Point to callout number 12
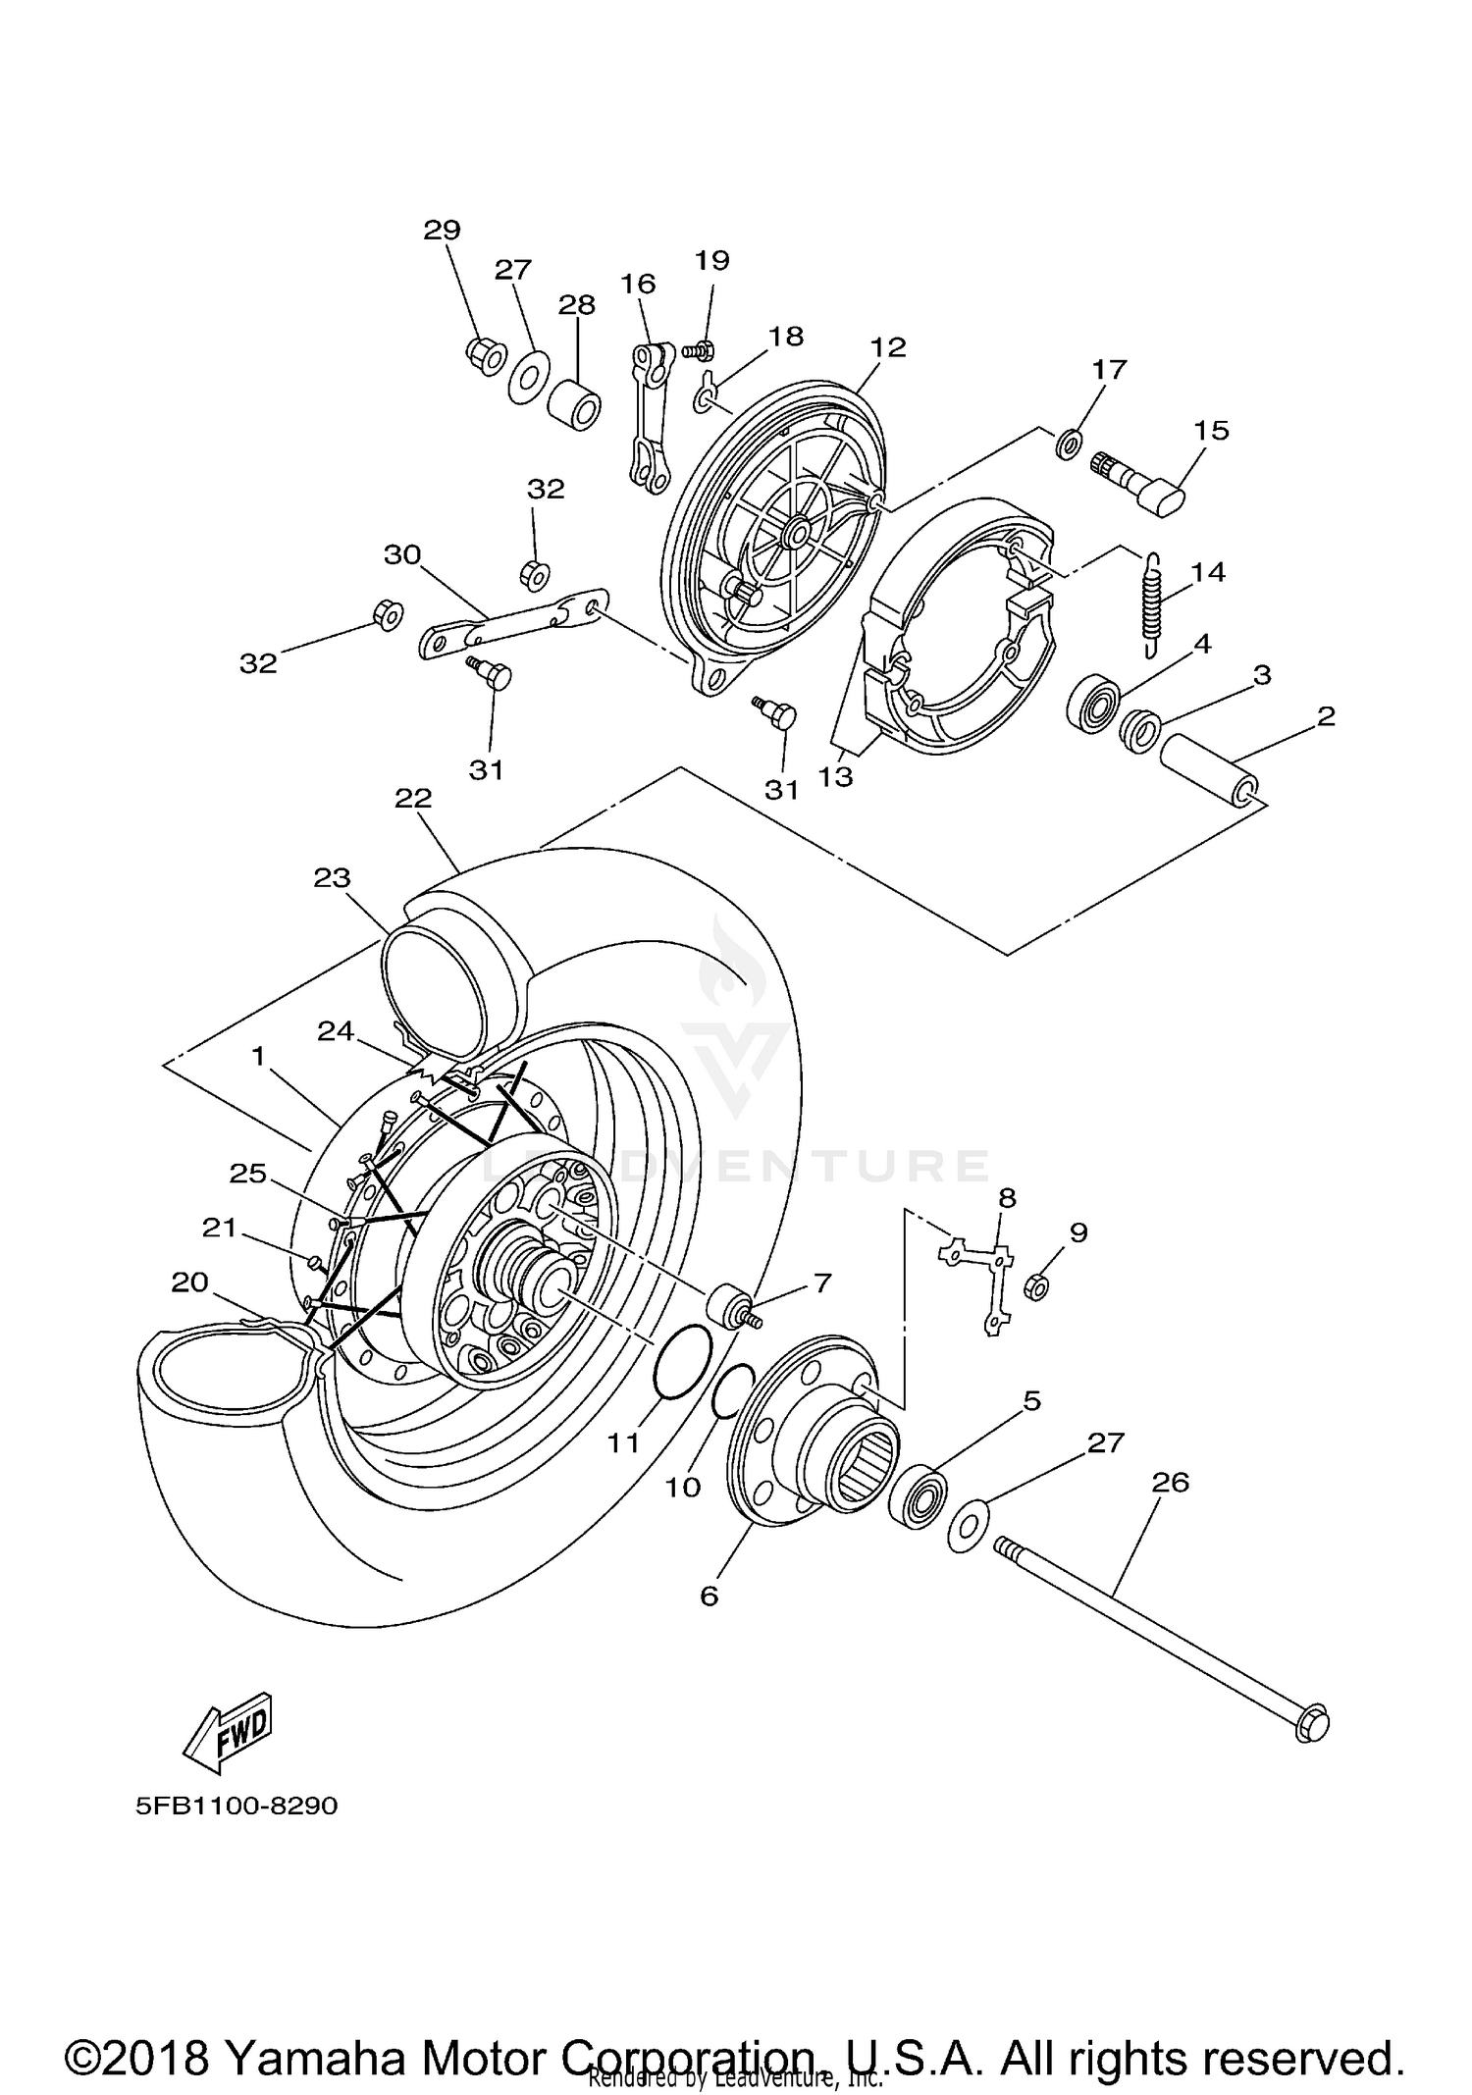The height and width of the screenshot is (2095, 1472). pyautogui.click(x=887, y=347)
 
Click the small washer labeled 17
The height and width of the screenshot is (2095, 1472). pyautogui.click(x=1069, y=443)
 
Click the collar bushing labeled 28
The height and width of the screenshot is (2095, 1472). pyautogui.click(x=574, y=402)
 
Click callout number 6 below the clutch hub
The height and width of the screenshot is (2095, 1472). pyautogui.click(x=709, y=1596)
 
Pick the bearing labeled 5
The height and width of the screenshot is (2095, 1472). pyautogui.click(x=916, y=1498)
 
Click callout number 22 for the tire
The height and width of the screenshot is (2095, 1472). pyautogui.click(x=413, y=798)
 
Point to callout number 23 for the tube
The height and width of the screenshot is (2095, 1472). pyautogui.click(x=332, y=876)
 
